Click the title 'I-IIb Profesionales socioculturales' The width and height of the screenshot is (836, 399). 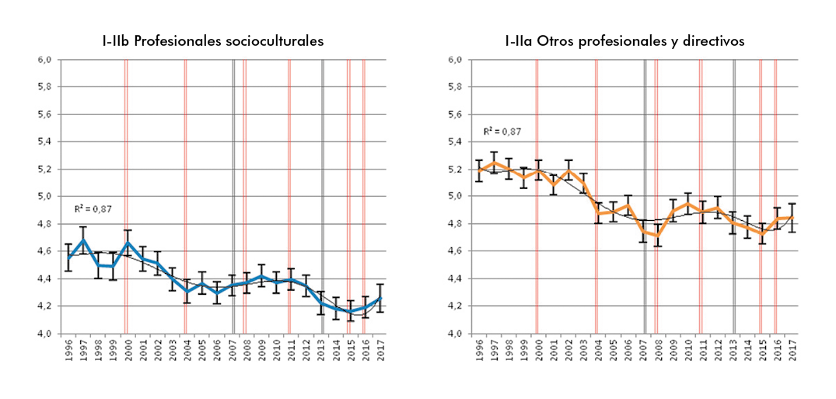point(212,40)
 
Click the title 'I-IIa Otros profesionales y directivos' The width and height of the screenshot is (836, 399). point(624,40)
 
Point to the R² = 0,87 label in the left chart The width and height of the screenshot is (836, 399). point(90,208)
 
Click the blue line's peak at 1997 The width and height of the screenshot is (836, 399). point(82,240)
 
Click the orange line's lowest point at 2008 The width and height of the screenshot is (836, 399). point(657,235)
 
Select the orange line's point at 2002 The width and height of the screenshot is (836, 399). point(568,170)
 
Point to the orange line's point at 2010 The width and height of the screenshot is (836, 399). point(687,204)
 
